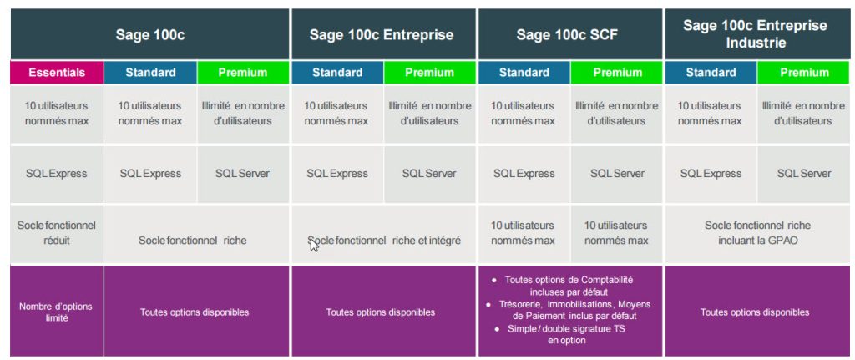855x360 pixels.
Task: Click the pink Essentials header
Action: click(57, 73)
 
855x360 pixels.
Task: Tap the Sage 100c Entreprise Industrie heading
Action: click(755, 33)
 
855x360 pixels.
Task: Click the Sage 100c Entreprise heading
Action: click(382, 35)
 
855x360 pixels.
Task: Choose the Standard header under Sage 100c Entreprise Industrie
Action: click(711, 73)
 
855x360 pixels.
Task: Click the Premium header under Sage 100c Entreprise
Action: click(429, 73)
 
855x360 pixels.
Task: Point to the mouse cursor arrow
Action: click(314, 245)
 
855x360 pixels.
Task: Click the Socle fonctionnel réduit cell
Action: click(57, 232)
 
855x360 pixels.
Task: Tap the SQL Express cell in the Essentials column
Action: click(57, 174)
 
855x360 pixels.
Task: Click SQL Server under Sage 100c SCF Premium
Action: click(617, 174)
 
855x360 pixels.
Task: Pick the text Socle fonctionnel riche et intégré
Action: click(384, 240)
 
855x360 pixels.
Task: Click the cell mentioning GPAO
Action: click(757, 232)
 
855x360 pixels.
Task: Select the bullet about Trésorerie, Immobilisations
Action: click(571, 310)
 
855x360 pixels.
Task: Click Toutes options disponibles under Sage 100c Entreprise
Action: click(381, 312)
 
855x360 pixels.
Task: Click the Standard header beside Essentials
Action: click(150, 73)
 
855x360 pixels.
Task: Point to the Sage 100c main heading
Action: click(150, 35)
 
